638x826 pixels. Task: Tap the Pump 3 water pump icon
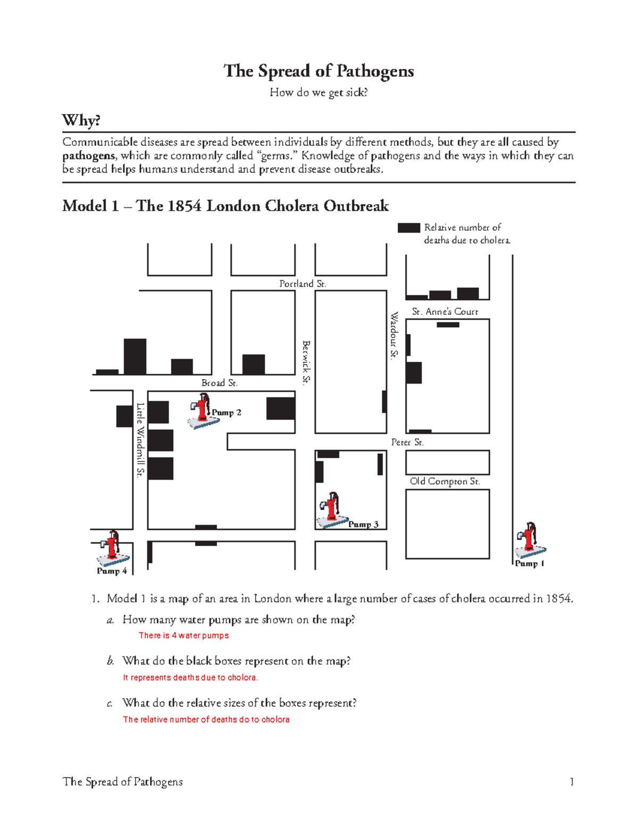[332, 510]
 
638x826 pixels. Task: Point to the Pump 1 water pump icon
[530, 540]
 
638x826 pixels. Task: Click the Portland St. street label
[303, 284]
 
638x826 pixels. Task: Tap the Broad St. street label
[219, 383]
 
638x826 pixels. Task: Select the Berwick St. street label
[306, 362]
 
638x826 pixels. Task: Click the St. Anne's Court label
[445, 312]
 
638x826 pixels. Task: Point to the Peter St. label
[407, 443]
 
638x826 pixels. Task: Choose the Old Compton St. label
[445, 481]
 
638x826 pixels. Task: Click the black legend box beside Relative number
[408, 228]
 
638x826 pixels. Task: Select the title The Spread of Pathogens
[318, 71]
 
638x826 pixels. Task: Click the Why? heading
[81, 120]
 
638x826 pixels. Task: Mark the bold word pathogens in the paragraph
[89, 156]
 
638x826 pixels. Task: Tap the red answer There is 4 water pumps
[183, 636]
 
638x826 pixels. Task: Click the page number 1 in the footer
[572, 782]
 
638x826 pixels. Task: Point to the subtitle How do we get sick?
[318, 93]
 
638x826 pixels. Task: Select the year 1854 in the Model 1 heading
[184, 206]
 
